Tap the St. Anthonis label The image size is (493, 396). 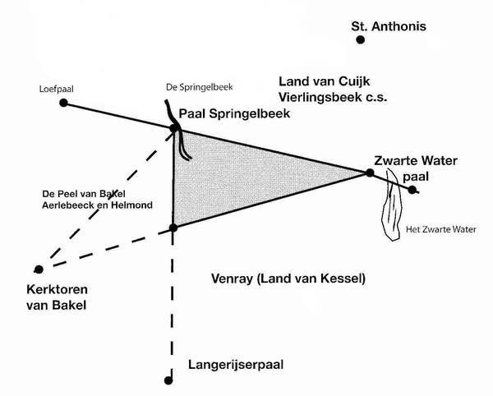pyautogui.click(x=389, y=25)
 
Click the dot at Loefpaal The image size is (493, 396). pyautogui.click(x=63, y=104)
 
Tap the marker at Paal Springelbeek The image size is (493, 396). pyautogui.click(x=174, y=128)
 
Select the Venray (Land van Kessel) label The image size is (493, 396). pyautogui.click(x=288, y=279)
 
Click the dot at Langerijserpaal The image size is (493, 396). pyautogui.click(x=169, y=380)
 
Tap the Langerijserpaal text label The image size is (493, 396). pyautogui.click(x=236, y=363)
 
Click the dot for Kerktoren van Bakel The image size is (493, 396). pyautogui.click(x=38, y=269)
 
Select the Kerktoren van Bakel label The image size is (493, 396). pyautogui.click(x=56, y=298)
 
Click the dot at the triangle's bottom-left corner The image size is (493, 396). pyautogui.click(x=173, y=228)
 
